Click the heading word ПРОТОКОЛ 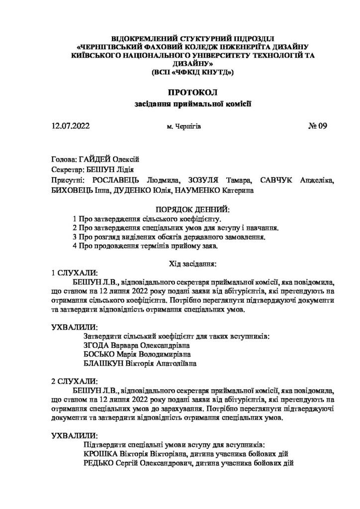pos(193,93)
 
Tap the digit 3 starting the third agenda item pos(74,237)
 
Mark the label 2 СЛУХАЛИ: pos(75,381)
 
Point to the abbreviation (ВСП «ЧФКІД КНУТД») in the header pos(192,73)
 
